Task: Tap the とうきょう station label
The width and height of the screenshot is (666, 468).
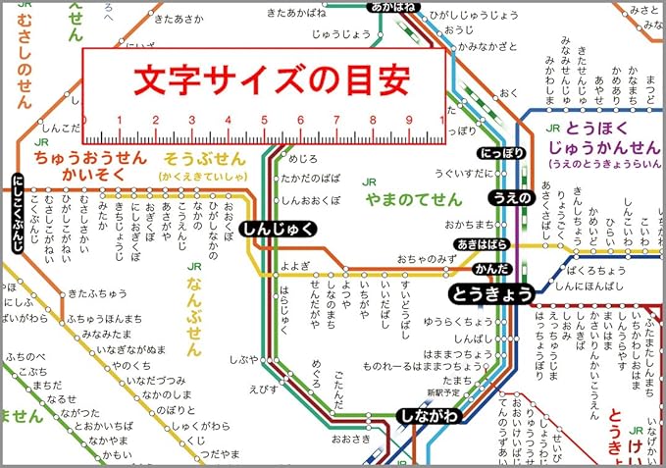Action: pyautogui.click(x=491, y=292)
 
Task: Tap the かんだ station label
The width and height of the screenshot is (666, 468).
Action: pyautogui.click(x=490, y=268)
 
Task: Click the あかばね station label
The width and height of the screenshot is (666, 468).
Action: pyautogui.click(x=394, y=7)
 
